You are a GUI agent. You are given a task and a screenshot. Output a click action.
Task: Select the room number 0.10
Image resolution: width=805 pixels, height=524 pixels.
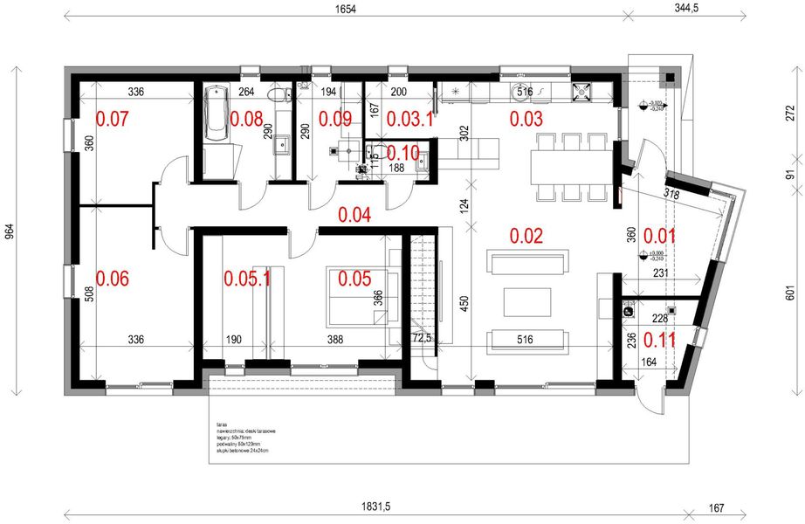[402, 151]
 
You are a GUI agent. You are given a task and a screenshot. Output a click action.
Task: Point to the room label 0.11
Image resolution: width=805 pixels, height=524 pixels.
[660, 338]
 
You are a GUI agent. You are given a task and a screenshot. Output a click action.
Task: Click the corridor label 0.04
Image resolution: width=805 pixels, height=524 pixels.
[356, 214]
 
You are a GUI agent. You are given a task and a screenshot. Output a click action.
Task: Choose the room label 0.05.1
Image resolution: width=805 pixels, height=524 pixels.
[247, 279]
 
